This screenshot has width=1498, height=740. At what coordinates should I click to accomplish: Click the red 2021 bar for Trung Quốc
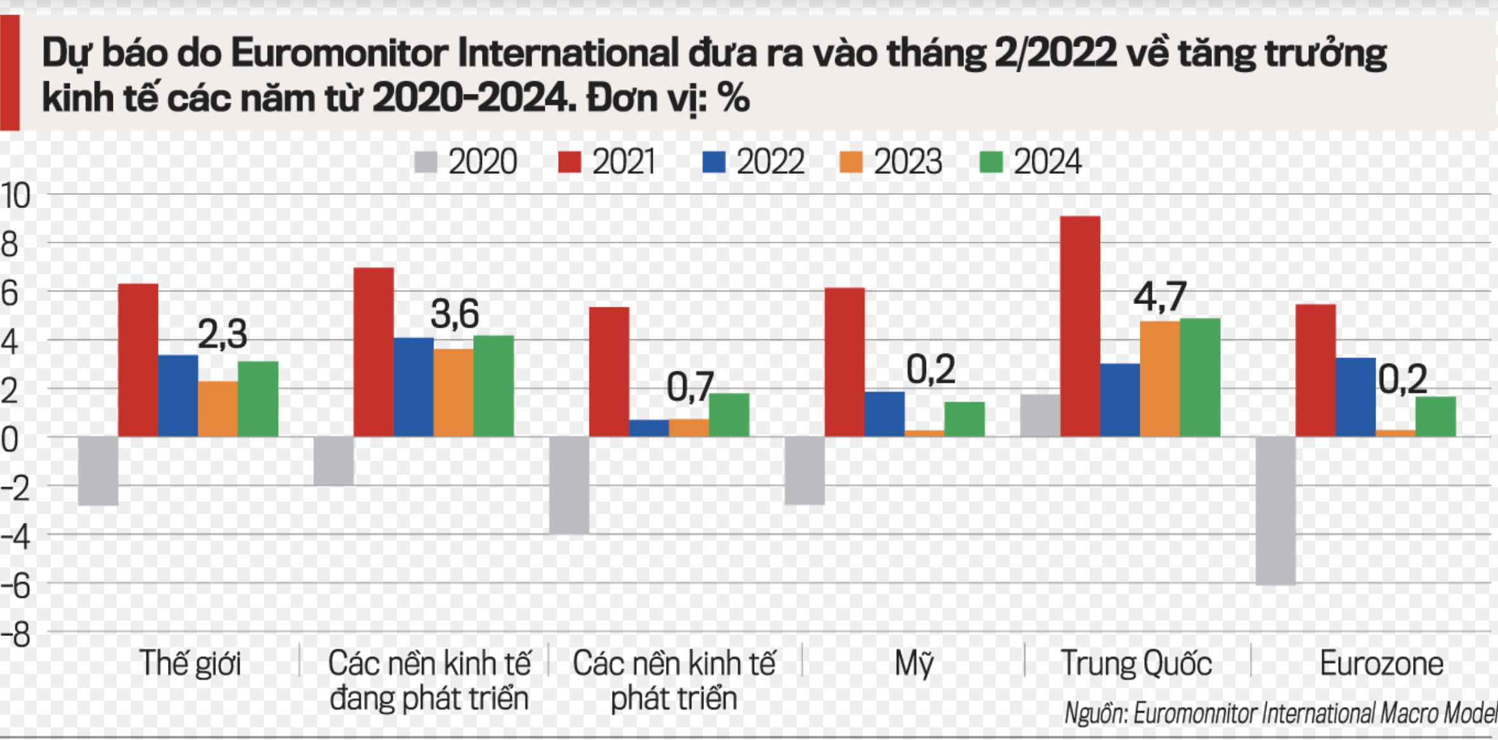pos(1080,326)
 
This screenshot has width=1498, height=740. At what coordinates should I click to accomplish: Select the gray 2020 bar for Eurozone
pos(1275,510)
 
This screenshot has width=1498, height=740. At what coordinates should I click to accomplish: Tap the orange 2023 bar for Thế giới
pos(218,409)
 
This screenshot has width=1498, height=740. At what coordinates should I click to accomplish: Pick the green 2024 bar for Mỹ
pos(964,419)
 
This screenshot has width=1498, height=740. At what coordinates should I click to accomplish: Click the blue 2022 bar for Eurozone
pos(1355,397)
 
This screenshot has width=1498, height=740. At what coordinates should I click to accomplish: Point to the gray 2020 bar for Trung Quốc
pos(1040,416)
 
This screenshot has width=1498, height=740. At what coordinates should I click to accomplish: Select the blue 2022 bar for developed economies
pos(649,428)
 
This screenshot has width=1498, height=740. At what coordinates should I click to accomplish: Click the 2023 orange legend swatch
pos(850,162)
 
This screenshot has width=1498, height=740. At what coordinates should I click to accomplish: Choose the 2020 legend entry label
pos(483,162)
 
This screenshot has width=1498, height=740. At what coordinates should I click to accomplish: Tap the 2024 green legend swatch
pos(991,162)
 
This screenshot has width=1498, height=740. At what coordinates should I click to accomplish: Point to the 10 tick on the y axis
pos(15,196)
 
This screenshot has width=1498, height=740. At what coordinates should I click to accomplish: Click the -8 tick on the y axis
pos(15,634)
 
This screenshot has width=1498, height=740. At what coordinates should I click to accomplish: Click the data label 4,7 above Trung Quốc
pos(1159,297)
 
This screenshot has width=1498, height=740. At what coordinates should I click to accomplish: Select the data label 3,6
pos(455,314)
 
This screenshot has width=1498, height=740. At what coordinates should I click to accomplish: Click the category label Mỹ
pos(914,664)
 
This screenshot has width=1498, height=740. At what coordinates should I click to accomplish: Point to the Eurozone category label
pos(1381,664)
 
